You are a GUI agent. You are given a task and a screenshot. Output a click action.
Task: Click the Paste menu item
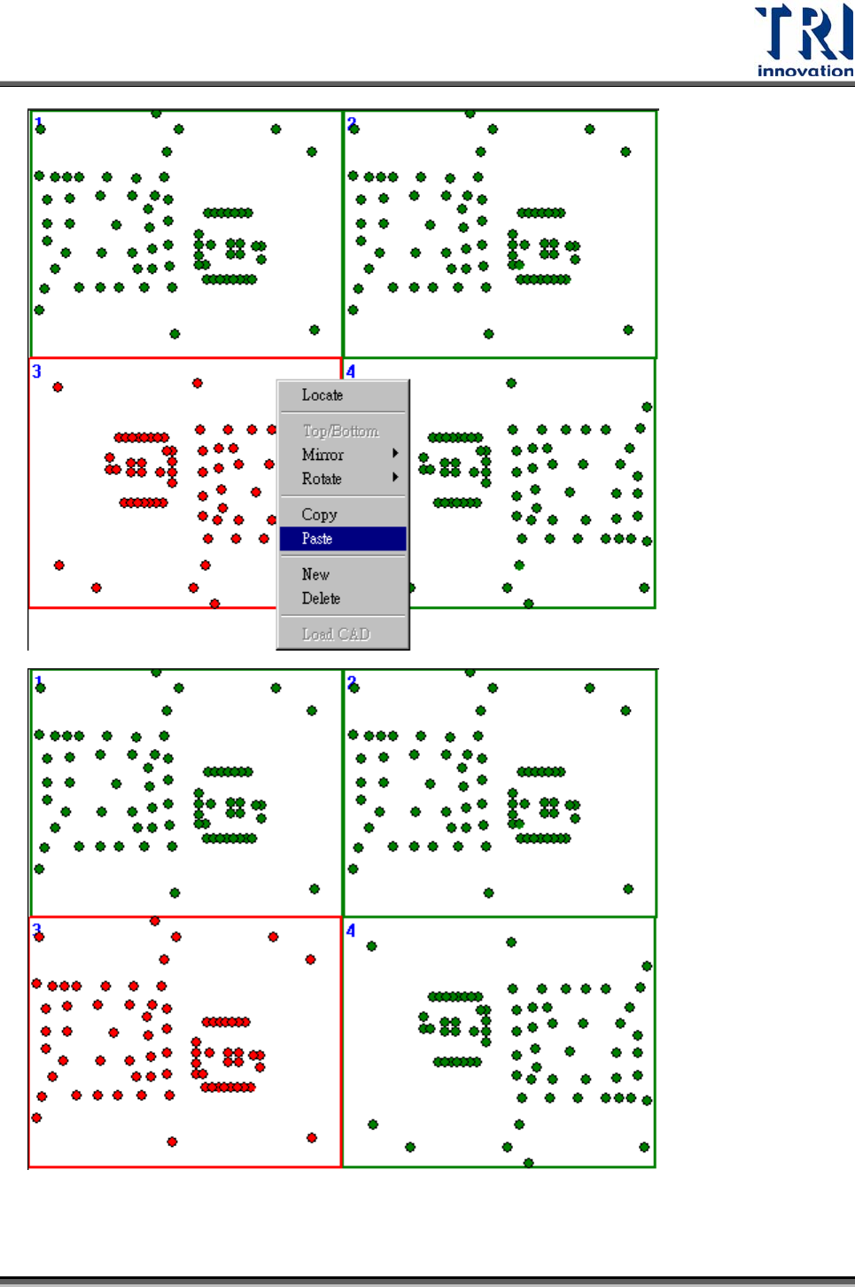tap(317, 539)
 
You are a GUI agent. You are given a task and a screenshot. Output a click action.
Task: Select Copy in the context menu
tap(319, 514)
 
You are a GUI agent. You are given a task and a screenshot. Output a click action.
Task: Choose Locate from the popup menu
tap(322, 395)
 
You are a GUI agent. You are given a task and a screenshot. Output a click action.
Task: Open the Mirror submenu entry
tap(323, 455)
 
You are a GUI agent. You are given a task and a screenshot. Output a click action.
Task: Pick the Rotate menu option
tap(321, 479)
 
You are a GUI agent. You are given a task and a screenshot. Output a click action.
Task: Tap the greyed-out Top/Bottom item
tap(340, 431)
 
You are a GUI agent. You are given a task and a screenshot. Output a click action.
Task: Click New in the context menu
tap(315, 574)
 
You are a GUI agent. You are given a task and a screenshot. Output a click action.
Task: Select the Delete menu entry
tap(321, 598)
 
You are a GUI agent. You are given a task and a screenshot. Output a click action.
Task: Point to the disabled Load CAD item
tap(335, 634)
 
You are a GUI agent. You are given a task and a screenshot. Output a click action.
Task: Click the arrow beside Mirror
tap(395, 453)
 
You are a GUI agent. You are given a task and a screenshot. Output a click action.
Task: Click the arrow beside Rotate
tap(395, 477)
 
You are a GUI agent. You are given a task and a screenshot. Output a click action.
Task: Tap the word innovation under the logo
tap(804, 71)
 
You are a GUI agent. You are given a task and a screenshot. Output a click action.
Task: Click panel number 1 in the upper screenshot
tap(38, 121)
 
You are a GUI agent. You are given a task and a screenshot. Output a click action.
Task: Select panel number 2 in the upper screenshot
tap(352, 122)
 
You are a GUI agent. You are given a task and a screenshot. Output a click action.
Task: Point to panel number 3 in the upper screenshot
tap(36, 370)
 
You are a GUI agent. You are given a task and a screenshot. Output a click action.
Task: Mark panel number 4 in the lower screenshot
tap(351, 930)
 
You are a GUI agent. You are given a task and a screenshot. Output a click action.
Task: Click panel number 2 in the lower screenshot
tap(352, 682)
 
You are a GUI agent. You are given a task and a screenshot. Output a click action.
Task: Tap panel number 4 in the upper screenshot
tap(351, 370)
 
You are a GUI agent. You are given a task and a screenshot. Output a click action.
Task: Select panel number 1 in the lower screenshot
tap(38, 681)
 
